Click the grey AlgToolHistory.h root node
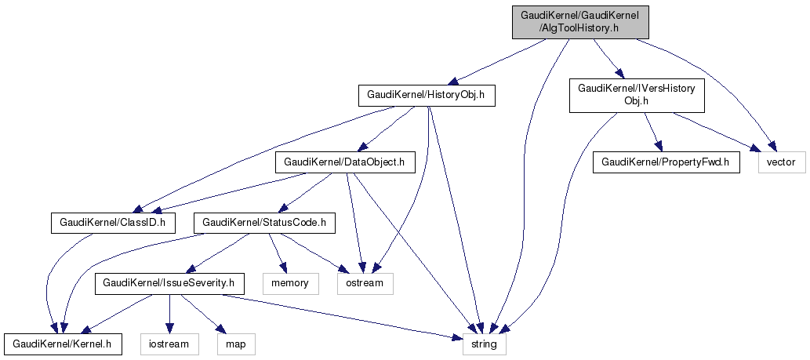click(x=580, y=21)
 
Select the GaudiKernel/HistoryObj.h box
click(x=427, y=96)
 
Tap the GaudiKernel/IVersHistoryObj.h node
click(x=636, y=96)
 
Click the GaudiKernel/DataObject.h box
click(x=344, y=163)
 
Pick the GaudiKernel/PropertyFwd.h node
click(x=666, y=163)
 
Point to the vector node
click(x=781, y=163)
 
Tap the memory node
click(x=290, y=282)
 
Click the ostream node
click(x=365, y=282)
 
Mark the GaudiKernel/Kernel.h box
click(x=63, y=343)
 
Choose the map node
click(x=235, y=343)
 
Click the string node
click(x=484, y=343)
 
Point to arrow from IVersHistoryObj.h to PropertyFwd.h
click(x=650, y=129)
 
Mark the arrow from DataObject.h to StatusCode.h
click(x=307, y=191)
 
